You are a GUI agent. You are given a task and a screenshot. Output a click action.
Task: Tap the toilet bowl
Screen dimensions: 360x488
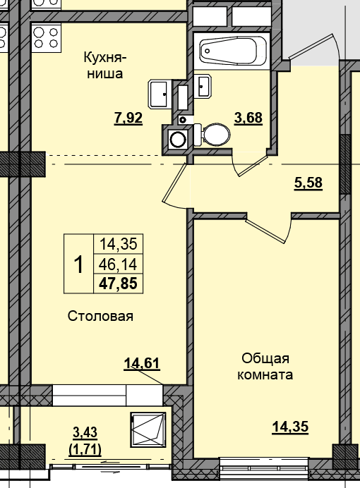click(212, 135)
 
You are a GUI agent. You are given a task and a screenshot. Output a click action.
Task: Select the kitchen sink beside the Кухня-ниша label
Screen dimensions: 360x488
click(160, 94)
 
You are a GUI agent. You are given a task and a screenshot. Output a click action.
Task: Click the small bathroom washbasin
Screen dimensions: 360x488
click(203, 86)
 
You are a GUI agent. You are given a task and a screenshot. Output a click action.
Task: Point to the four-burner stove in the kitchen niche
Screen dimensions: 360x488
click(46, 37)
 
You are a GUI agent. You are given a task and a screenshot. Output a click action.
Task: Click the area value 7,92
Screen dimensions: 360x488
click(128, 118)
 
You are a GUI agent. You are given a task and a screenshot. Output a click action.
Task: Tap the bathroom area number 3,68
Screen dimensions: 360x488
click(248, 118)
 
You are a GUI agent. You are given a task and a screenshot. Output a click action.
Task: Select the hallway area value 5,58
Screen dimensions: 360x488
click(308, 183)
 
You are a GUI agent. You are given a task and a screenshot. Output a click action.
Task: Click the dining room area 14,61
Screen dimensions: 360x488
click(142, 363)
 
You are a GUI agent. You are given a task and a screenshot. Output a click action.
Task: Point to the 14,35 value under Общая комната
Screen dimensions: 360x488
click(290, 427)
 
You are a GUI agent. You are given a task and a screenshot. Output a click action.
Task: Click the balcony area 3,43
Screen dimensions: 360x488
click(85, 432)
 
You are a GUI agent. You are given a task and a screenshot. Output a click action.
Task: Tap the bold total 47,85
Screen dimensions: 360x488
click(118, 283)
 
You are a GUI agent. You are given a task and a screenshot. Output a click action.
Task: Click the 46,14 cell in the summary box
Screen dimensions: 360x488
click(118, 264)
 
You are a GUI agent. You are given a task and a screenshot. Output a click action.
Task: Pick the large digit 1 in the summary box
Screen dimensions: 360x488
click(79, 264)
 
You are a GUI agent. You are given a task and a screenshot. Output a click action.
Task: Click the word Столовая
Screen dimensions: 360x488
click(100, 316)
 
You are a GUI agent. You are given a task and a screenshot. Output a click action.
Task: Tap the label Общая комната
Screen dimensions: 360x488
click(265, 367)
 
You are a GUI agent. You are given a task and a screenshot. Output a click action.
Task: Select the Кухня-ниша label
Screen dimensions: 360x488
click(105, 66)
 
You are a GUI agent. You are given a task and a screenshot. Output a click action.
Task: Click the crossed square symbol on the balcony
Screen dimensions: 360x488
click(148, 429)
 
